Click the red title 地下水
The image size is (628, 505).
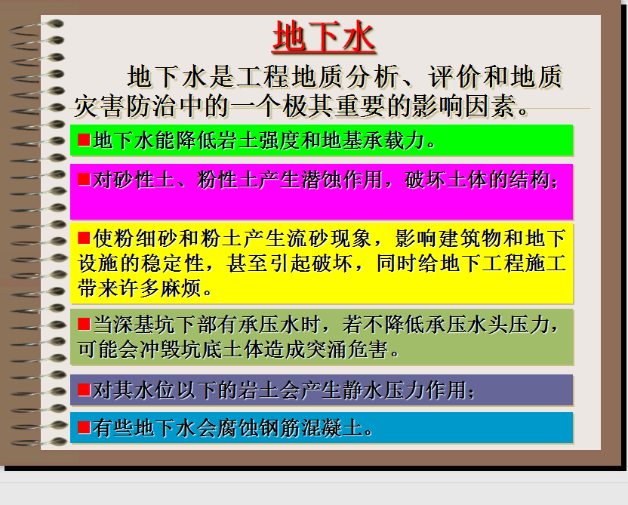(324, 37)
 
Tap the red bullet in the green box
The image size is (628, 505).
(84, 140)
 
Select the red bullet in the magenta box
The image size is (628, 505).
(84, 179)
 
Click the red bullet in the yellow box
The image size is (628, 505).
(84, 238)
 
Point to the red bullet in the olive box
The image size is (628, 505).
(84, 324)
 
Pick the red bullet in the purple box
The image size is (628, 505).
(84, 390)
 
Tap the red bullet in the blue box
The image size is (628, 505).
(84, 427)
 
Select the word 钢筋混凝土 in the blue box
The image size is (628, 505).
(310, 428)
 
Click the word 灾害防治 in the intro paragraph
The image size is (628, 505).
(125, 106)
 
